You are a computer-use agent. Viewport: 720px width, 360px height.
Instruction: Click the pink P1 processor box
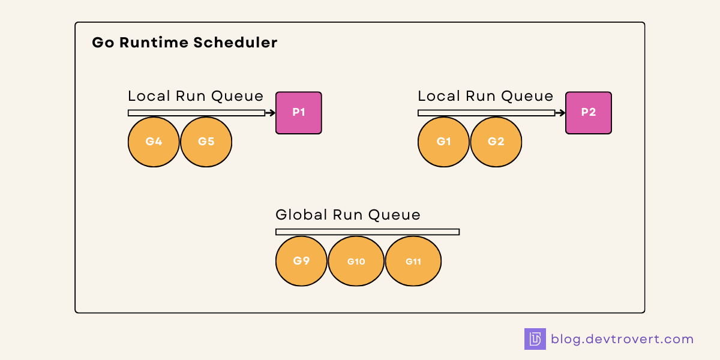299,113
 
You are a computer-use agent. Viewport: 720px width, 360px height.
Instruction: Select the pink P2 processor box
589,113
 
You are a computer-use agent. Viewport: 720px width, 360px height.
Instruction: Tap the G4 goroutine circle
154,142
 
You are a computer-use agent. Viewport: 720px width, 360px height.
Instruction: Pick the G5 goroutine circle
206,142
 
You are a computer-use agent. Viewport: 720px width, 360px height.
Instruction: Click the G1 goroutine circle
443,142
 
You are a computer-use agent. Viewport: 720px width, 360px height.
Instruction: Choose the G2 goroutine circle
496,142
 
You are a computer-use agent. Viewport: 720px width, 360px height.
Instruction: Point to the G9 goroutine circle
301,262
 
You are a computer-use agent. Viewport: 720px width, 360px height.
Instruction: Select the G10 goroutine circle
356,262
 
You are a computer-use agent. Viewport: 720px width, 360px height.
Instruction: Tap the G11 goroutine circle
413,262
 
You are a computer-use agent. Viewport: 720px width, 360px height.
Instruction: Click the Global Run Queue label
348,215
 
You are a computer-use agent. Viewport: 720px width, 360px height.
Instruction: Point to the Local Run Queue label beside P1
196,96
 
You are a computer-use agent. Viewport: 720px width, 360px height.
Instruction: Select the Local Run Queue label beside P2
485,96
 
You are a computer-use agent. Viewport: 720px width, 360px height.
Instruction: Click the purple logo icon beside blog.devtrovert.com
535,339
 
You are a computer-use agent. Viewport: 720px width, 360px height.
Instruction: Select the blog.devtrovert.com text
622,339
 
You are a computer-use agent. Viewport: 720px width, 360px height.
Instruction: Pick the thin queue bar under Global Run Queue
367,232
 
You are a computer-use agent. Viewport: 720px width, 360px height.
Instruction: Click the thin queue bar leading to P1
196,113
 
